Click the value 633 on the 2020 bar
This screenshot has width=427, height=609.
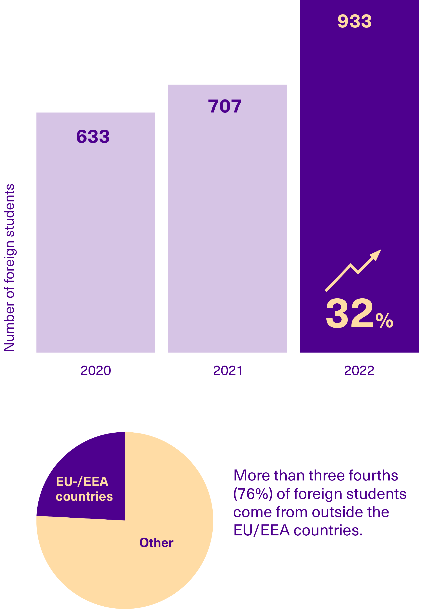click(93, 137)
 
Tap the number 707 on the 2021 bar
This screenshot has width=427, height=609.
click(225, 106)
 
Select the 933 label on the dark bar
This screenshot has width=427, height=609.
click(354, 21)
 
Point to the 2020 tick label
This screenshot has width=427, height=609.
click(96, 371)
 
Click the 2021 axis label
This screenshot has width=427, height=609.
click(228, 371)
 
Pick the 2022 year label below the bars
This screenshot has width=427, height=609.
click(359, 371)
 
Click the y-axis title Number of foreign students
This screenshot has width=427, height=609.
click(9, 268)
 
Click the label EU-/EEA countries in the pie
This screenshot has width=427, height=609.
click(84, 489)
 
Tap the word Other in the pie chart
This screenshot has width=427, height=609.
click(156, 543)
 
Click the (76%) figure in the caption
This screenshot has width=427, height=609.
click(253, 494)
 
